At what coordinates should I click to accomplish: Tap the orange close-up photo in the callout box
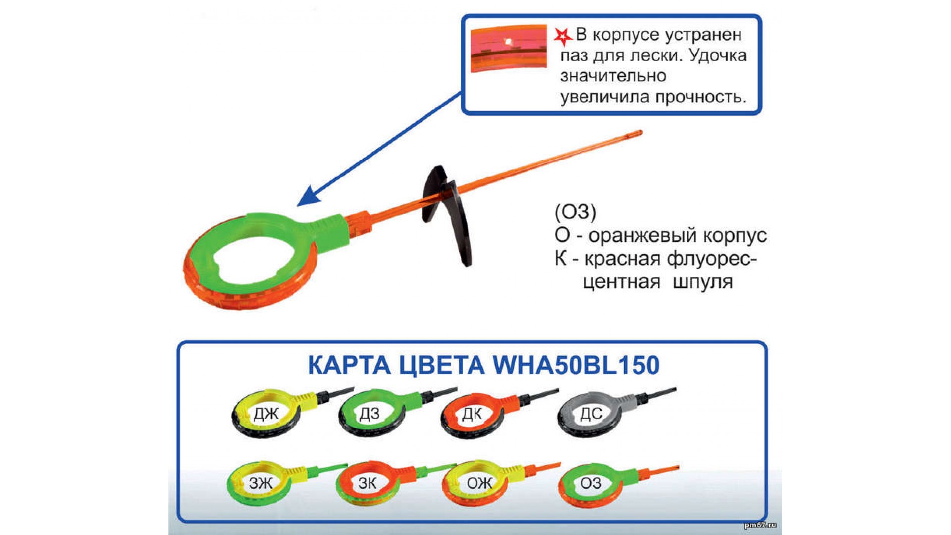508,48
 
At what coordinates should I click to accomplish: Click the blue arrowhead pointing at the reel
308,197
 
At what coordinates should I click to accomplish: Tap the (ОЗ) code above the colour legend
575,212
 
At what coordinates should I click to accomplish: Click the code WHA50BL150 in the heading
576,365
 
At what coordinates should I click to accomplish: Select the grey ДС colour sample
590,414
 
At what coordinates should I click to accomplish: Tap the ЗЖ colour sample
261,483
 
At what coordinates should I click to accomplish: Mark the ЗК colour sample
368,483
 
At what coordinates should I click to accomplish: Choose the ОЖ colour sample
478,483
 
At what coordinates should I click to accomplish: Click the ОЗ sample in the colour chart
590,483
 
